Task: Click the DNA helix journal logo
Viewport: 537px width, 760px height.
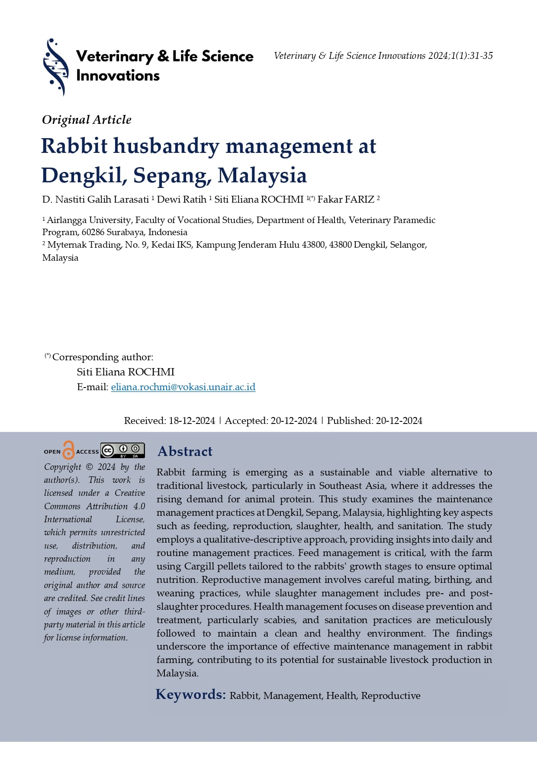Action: click(x=56, y=67)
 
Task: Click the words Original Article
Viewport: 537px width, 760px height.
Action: click(x=87, y=120)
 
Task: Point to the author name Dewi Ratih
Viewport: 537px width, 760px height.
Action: click(x=181, y=200)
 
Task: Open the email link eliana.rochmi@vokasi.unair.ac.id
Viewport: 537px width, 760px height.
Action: click(x=183, y=387)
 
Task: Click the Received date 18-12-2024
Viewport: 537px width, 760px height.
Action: click(x=192, y=421)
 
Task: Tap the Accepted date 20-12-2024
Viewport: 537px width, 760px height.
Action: click(x=294, y=421)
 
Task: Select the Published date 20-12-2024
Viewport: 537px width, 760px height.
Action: click(x=399, y=421)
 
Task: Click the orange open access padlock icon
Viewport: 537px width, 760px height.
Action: click(x=68, y=450)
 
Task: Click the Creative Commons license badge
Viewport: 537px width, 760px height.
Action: click(x=122, y=450)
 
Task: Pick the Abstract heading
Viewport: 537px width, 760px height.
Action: click(x=185, y=452)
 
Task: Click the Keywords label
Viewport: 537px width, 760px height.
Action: click(x=190, y=695)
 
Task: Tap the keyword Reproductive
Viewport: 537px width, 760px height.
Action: click(x=391, y=696)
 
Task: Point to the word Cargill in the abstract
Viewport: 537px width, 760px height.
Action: click(x=200, y=566)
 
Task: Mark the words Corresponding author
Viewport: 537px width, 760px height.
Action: click(x=103, y=357)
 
